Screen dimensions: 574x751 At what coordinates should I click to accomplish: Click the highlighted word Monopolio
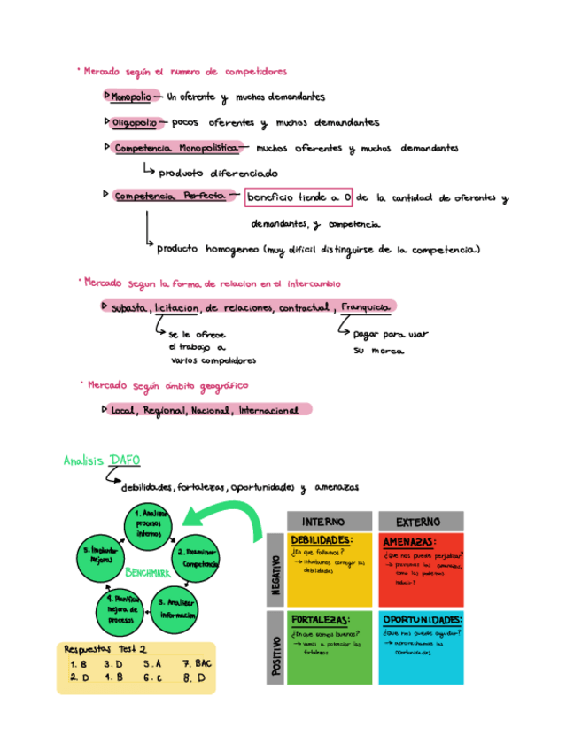132,97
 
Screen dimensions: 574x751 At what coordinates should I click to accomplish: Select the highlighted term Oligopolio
134,122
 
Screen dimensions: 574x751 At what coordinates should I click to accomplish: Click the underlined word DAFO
124,461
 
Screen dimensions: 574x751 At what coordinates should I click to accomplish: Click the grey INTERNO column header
323,521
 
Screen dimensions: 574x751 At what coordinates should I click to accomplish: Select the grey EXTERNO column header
419,521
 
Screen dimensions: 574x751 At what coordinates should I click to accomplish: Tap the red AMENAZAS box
421,569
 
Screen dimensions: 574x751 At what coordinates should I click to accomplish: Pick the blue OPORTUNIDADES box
421,646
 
